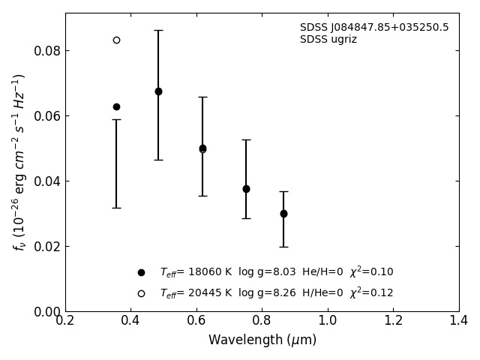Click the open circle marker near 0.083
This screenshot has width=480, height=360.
[116, 40]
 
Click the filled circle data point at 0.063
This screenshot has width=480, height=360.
[116, 106]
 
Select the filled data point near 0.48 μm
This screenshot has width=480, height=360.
[158, 91]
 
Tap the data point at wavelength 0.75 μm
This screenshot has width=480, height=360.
[246, 189]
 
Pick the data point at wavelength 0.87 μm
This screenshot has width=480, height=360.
[283, 214]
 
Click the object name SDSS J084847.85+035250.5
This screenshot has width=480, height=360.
[374, 28]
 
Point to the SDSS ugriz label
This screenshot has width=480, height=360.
[328, 40]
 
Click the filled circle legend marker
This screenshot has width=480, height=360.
[141, 272]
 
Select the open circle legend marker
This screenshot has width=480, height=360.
[141, 293]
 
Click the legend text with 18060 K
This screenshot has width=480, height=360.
[276, 272]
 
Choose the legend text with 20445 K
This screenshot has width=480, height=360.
[276, 293]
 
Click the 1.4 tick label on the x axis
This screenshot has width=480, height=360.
[459, 321]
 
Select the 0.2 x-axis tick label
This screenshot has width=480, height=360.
[65, 321]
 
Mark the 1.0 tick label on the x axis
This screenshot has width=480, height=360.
[328, 321]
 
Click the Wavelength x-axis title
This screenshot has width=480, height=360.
[262, 340]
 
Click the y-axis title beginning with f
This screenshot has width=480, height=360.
[19, 161]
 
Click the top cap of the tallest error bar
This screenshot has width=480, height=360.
[158, 30]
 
